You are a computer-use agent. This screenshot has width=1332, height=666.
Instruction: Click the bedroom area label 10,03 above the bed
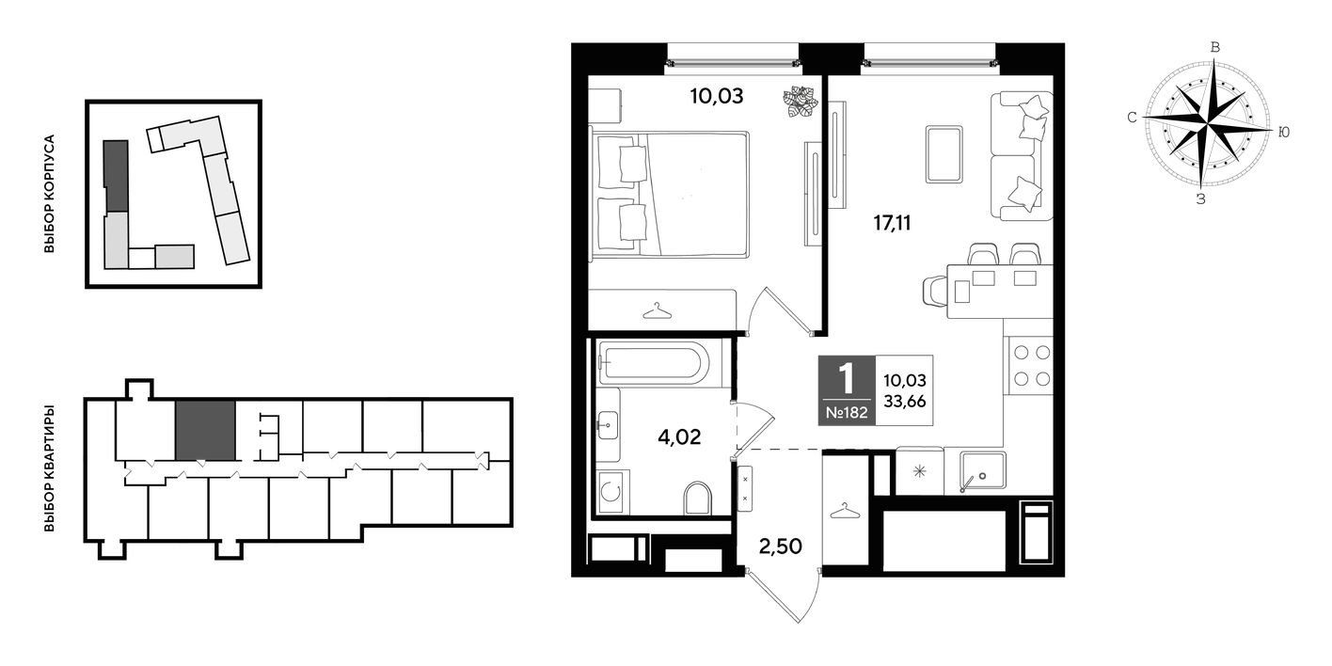pyautogui.click(x=717, y=96)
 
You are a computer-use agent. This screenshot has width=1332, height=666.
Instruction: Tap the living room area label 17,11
pyautogui.click(x=892, y=223)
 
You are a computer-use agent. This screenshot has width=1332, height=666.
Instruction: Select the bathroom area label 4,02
pyautogui.click(x=679, y=437)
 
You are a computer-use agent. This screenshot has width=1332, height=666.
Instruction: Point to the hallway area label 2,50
pyautogui.click(x=780, y=546)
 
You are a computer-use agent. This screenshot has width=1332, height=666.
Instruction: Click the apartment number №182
pyautogui.click(x=847, y=412)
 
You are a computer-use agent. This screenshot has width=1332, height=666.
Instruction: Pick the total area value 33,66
pyautogui.click(x=904, y=402)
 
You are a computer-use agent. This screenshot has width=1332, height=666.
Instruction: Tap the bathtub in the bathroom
pyautogui.click(x=653, y=362)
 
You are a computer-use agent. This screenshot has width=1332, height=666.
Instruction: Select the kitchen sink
pyautogui.click(x=982, y=470)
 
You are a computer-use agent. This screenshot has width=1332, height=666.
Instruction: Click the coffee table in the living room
pyautogui.click(x=943, y=154)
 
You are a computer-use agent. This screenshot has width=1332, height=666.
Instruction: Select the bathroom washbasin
pyautogui.click(x=609, y=424)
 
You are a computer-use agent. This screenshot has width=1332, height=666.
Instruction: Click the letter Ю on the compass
pyautogui.click(x=1284, y=133)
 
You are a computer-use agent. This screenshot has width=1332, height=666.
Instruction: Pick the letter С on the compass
pyautogui.click(x=1133, y=118)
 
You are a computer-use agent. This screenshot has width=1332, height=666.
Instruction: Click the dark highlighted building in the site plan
pyautogui.click(x=116, y=176)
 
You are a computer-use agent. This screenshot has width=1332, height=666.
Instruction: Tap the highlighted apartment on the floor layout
pyautogui.click(x=205, y=431)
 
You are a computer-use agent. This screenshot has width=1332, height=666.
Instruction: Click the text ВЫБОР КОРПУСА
pyautogui.click(x=49, y=194)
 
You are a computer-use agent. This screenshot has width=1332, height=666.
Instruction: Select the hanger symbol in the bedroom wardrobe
pyautogui.click(x=658, y=310)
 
